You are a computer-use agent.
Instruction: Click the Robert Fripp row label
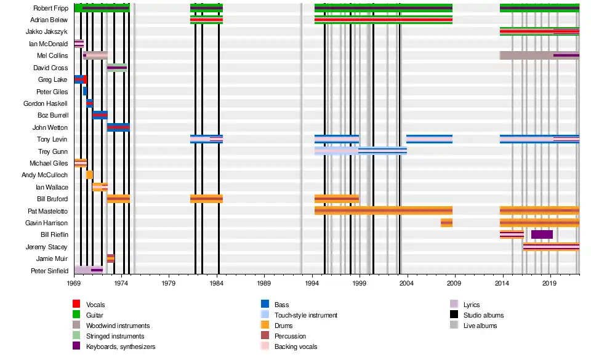coord(51,8)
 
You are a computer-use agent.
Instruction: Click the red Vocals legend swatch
coord(76,305)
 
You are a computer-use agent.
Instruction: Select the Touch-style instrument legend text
coord(306,315)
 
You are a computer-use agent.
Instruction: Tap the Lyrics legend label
coord(472,305)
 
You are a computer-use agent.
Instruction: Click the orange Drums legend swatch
coord(265,326)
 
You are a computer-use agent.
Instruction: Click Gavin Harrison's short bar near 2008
coord(446,223)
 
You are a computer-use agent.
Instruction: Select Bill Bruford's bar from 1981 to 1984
coord(206,199)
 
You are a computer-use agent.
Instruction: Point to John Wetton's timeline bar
coord(118,127)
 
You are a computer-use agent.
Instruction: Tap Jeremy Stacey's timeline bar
coord(551,247)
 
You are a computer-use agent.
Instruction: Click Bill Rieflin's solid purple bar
coord(542,234)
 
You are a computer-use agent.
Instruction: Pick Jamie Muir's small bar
coord(111,258)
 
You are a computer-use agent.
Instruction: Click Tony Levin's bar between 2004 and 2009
coord(429,139)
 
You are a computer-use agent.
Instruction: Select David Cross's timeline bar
coord(117,68)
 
